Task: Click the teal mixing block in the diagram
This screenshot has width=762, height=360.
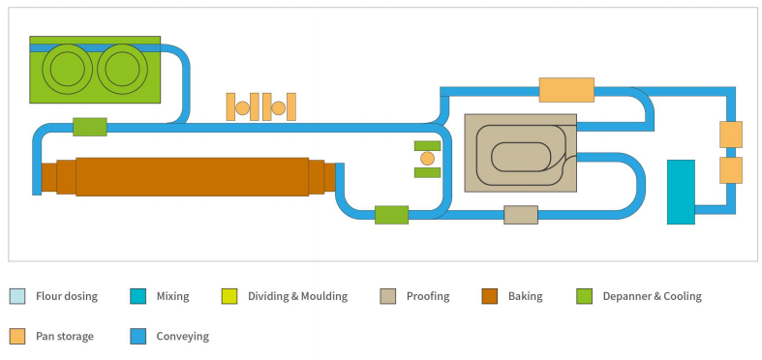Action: [681, 192]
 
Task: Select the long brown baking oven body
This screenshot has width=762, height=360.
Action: [192, 176]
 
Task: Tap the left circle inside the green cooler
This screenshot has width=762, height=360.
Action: [66, 70]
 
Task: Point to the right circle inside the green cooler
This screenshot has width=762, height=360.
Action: [123, 70]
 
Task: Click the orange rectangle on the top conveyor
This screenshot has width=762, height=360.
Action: [565, 90]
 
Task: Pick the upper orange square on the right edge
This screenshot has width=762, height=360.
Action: [731, 134]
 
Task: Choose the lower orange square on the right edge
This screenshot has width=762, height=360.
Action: [731, 170]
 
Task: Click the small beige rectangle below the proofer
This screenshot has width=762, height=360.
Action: [520, 215]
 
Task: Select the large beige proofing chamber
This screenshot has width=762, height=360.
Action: [520, 152]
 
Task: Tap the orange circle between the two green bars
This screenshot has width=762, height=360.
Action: [427, 159]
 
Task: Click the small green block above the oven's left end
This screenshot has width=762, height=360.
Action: [89, 127]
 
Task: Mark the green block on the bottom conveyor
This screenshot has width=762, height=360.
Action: [391, 215]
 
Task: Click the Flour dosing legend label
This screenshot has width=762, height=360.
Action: [67, 296]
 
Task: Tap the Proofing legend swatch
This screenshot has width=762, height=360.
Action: [386, 296]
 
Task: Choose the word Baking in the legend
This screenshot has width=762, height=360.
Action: [525, 296]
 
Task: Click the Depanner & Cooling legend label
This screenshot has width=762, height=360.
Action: [651, 296]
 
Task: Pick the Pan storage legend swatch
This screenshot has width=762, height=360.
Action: [17, 337]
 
